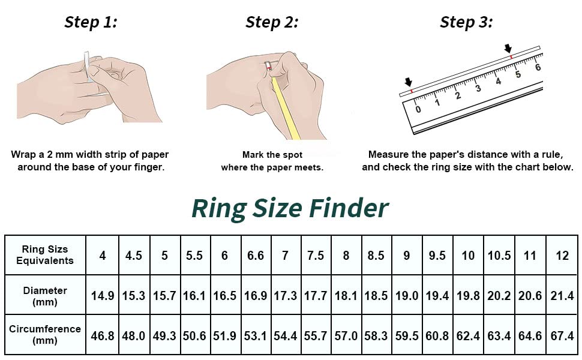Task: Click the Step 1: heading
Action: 91,22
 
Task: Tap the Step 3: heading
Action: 467,22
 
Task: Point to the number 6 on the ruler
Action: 538,67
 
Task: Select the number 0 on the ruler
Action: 418,109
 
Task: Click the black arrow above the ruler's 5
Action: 508,48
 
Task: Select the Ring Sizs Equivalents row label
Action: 45,255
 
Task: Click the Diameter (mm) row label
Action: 45,296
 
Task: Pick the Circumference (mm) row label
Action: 45,334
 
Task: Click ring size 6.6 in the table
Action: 256,256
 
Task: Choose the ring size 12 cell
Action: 562,256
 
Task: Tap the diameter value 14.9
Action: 103,296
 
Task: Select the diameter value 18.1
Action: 346,296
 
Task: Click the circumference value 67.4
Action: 562,336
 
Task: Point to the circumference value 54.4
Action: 285,336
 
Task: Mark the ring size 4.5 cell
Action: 134,256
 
